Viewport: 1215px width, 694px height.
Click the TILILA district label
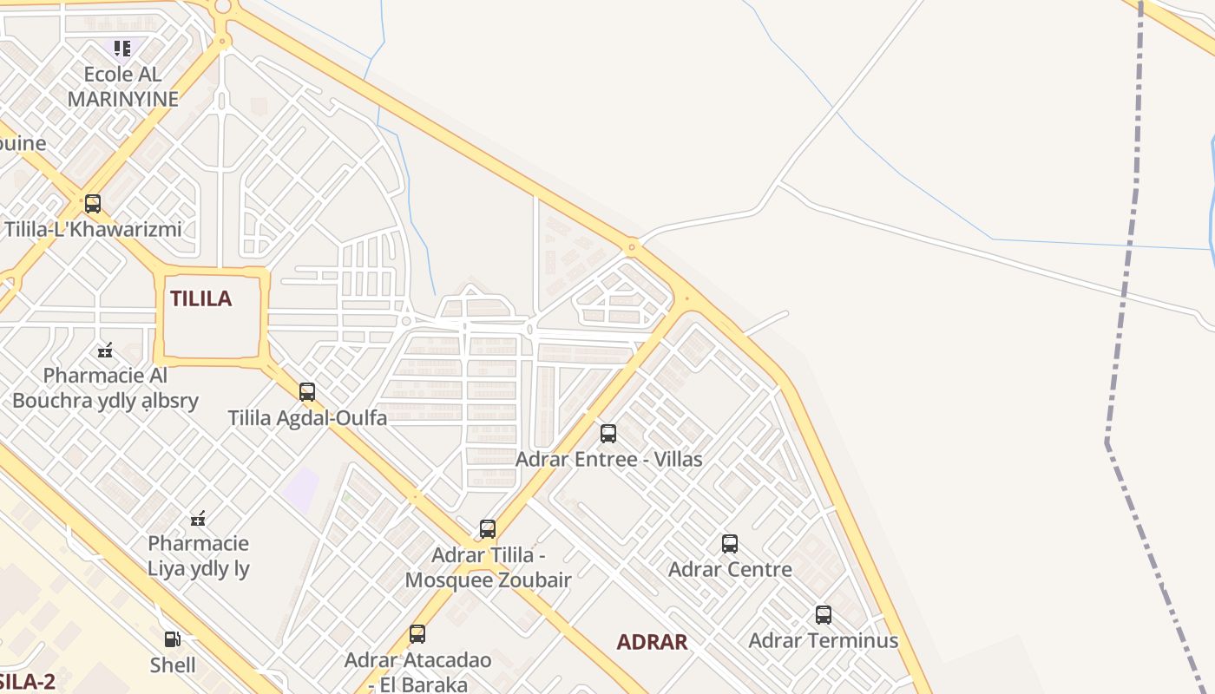pos(200,298)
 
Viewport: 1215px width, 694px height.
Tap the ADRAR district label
pos(652,642)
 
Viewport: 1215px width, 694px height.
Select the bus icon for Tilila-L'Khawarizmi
pos(93,204)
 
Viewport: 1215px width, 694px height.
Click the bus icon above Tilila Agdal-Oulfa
pos(307,391)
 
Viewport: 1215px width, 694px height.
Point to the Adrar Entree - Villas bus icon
pos(608,433)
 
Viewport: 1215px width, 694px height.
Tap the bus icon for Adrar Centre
pos(730,544)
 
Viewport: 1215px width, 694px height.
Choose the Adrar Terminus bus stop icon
pos(824,615)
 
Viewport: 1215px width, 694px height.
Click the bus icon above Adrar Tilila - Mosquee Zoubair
pos(488,528)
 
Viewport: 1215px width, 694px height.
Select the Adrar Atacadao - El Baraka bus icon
pos(417,634)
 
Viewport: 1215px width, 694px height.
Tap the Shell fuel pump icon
pos(173,639)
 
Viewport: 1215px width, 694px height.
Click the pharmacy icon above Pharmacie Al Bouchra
pos(105,350)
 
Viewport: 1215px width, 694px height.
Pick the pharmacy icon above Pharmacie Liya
pos(198,519)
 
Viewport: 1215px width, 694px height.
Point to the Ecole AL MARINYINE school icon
pos(122,48)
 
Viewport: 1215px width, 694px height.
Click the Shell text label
pos(173,665)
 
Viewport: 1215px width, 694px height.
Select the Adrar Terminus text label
pos(823,641)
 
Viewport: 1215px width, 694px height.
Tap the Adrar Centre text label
pos(730,570)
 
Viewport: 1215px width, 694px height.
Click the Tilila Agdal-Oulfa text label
pos(307,417)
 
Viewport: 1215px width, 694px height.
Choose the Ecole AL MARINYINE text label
pos(122,87)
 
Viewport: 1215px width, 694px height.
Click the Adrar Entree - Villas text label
pos(608,459)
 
